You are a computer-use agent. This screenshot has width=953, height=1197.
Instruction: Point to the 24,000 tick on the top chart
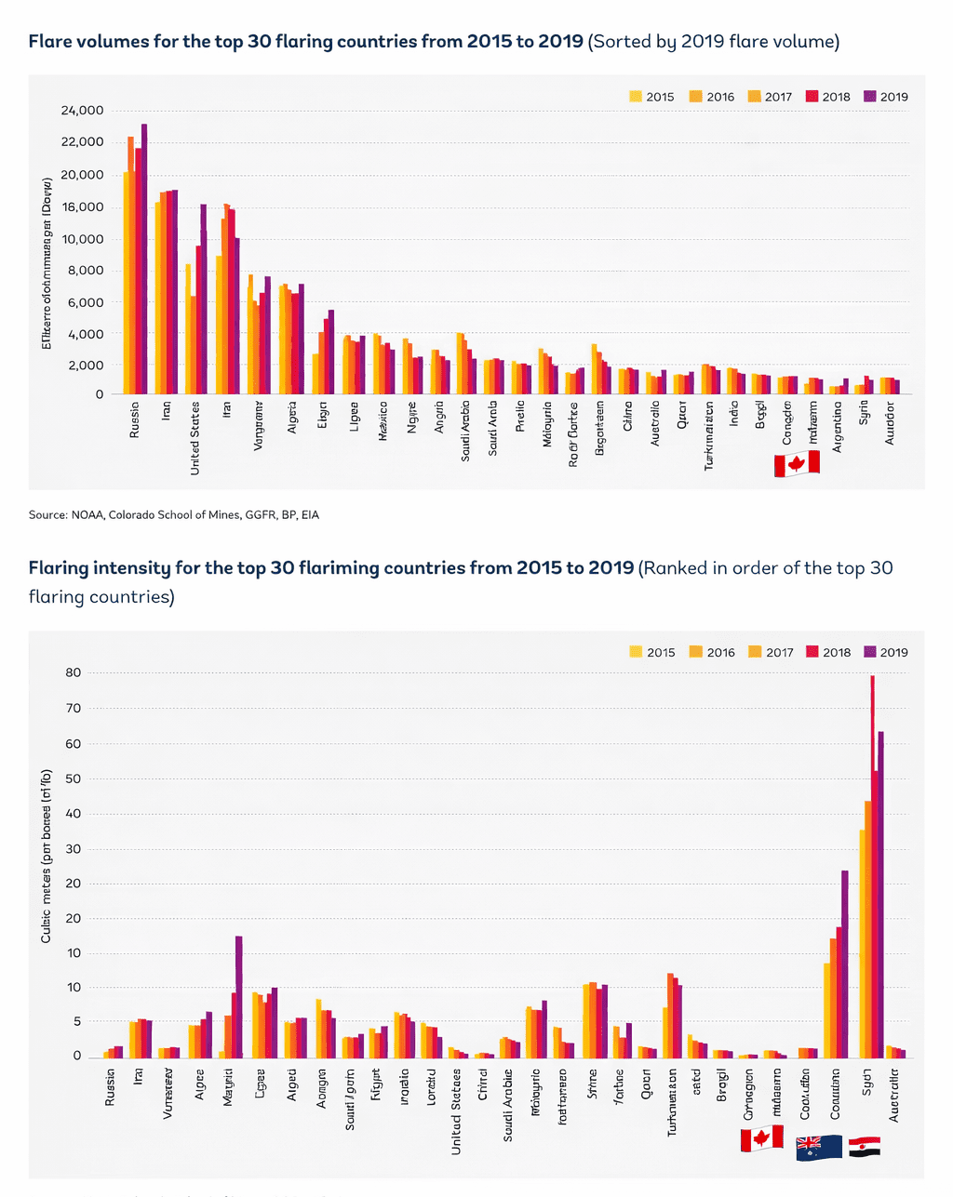click(82, 111)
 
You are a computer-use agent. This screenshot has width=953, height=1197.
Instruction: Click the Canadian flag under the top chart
click(797, 463)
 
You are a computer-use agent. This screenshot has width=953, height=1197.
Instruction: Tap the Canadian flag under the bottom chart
click(761, 1138)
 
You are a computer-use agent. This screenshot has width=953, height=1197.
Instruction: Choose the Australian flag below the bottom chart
click(819, 1147)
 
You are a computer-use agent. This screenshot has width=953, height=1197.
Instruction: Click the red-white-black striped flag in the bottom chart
click(865, 1147)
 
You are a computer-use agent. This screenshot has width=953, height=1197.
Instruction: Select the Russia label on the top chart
click(135, 419)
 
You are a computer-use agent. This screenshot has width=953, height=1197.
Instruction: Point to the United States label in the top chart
click(195, 438)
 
